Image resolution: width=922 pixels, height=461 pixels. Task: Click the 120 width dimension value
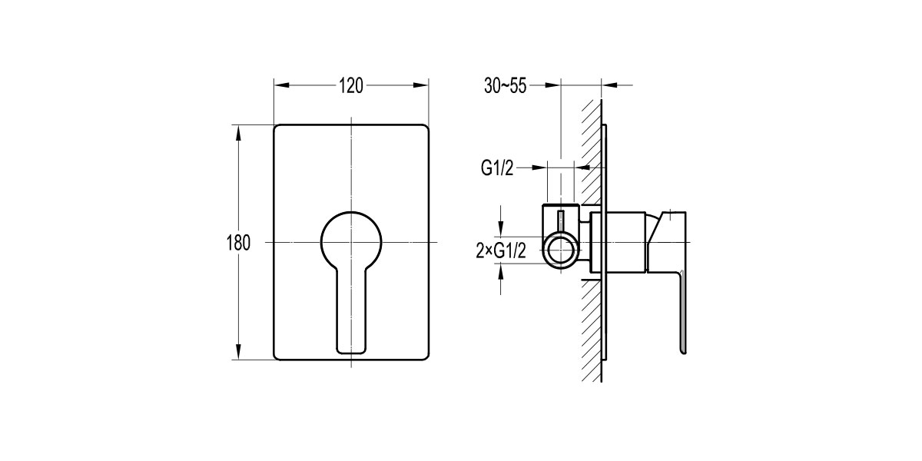350,86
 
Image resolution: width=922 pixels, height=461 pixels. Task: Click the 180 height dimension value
238,243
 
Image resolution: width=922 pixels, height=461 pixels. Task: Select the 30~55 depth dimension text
505,86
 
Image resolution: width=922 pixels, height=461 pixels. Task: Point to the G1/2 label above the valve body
497,168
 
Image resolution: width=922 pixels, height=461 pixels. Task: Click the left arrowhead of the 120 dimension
279,86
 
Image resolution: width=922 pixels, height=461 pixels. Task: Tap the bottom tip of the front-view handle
350,350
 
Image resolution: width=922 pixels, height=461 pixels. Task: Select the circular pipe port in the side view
560,250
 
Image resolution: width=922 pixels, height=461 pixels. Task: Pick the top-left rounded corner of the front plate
278,128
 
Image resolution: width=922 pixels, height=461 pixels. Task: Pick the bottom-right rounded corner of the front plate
423,355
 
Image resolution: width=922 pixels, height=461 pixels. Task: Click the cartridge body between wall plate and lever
626,242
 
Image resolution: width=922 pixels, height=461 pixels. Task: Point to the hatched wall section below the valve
591,330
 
